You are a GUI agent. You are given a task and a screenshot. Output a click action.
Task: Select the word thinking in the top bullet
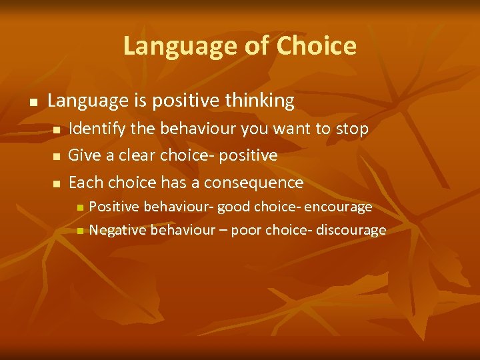[x=259, y=101]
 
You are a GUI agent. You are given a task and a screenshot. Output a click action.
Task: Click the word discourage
[x=351, y=231]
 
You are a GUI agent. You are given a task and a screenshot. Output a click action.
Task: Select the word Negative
[x=118, y=231]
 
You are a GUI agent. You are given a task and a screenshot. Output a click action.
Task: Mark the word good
[x=235, y=207]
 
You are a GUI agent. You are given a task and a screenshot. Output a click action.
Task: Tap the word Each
[x=86, y=183]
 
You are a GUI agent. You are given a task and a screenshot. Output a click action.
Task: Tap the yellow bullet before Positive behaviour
[x=80, y=208]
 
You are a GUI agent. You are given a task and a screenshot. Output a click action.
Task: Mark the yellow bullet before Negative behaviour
[x=80, y=231]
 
